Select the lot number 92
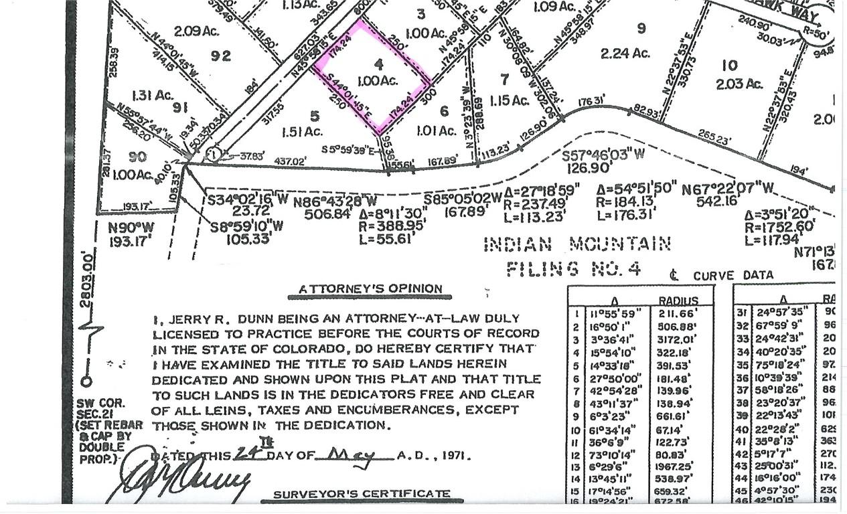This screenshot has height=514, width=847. [x=221, y=56]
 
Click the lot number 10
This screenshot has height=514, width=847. [x=730, y=65]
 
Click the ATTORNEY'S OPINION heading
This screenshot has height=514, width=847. [x=370, y=289]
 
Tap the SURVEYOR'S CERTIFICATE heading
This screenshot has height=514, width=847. [x=362, y=494]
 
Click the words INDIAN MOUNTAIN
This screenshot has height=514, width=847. [x=576, y=244]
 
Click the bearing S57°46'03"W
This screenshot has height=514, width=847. [x=603, y=155]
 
